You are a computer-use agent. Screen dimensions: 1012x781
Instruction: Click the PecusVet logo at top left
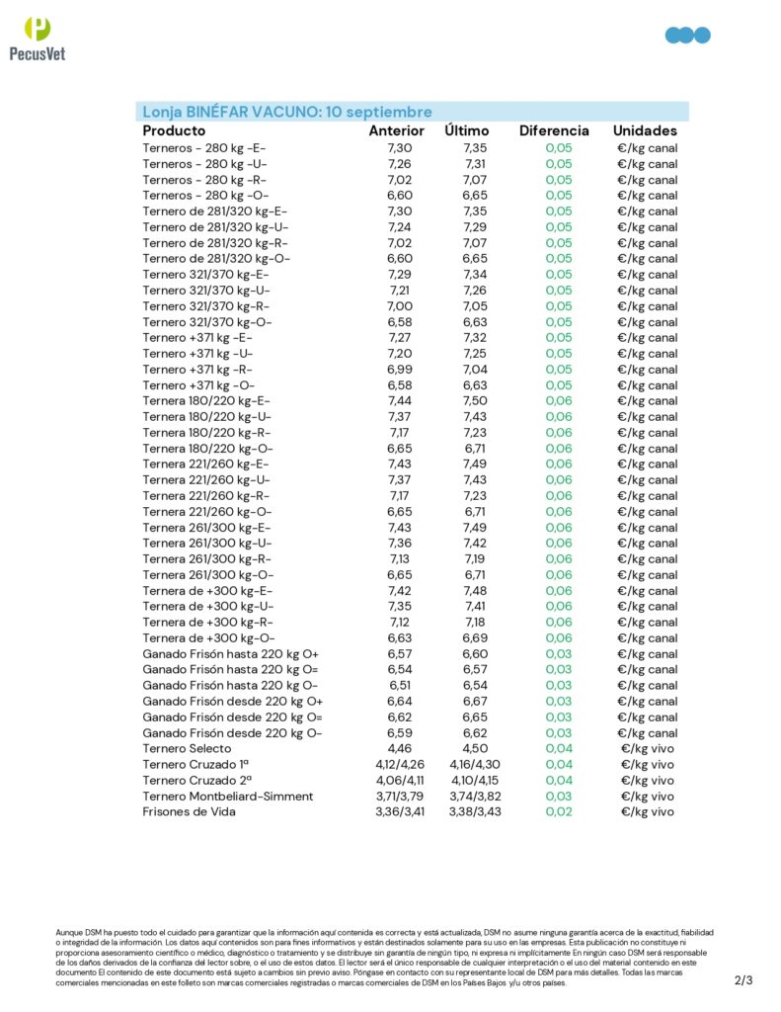(x=37, y=39)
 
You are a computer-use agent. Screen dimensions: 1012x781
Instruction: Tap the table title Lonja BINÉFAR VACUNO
(x=287, y=112)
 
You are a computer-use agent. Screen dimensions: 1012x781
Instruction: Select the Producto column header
(x=174, y=130)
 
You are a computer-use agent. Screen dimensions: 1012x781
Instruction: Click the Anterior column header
(x=396, y=130)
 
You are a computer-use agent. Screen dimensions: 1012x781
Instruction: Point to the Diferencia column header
(x=554, y=130)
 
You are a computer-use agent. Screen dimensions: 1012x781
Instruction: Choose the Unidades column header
(x=645, y=130)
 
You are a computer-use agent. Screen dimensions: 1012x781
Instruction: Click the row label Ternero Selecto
(x=188, y=749)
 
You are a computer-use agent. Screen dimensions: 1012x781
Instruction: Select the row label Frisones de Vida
(x=189, y=812)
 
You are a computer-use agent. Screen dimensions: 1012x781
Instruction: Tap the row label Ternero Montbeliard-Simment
(x=227, y=797)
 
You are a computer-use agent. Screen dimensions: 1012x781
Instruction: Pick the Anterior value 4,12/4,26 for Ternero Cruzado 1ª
(x=399, y=765)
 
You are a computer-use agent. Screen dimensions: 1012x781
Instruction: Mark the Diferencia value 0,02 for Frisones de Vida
(x=559, y=812)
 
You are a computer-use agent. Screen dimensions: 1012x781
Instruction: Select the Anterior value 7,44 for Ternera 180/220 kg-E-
(x=399, y=401)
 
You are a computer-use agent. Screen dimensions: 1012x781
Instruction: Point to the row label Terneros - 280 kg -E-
(x=203, y=148)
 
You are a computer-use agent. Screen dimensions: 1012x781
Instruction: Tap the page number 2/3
(x=743, y=980)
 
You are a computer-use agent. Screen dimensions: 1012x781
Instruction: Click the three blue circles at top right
(x=688, y=36)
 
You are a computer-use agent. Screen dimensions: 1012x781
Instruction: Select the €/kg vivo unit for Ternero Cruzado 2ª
(x=647, y=781)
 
